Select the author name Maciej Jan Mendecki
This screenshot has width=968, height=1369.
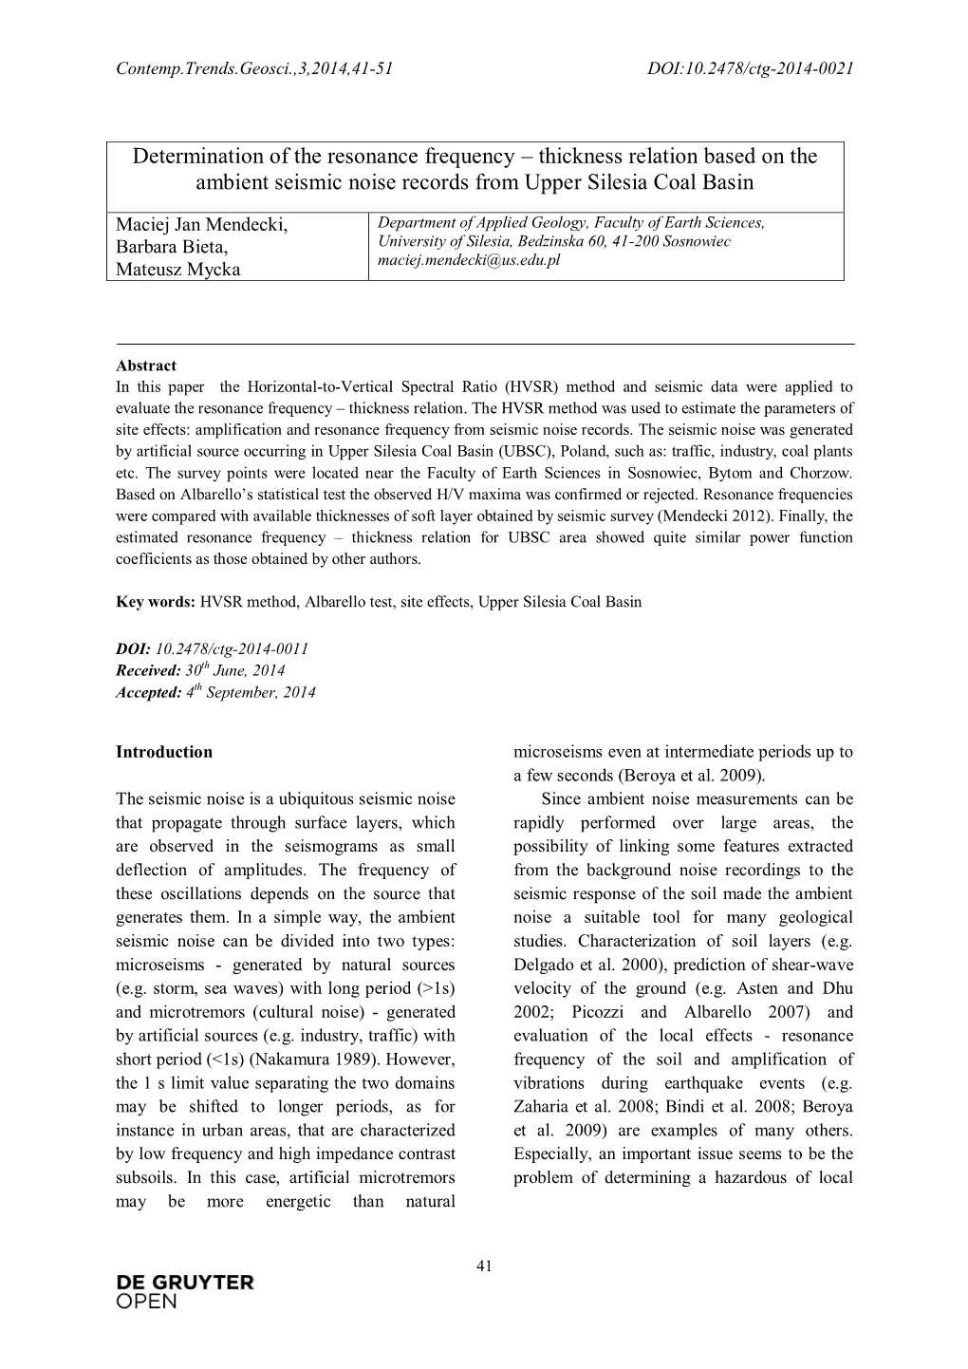click(x=201, y=225)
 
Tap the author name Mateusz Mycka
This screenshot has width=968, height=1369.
click(x=177, y=269)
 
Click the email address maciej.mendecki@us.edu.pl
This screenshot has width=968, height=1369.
click(x=469, y=259)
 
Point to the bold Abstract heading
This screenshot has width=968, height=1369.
click(x=146, y=366)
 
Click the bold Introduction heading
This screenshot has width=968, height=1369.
click(x=164, y=752)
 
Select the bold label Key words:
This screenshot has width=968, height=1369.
click(x=156, y=602)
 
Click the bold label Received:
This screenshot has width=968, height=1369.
click(x=147, y=670)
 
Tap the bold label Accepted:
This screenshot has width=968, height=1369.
click(x=148, y=692)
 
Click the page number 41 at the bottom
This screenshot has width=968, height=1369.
click(x=484, y=1265)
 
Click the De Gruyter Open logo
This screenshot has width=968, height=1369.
click(x=184, y=1291)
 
